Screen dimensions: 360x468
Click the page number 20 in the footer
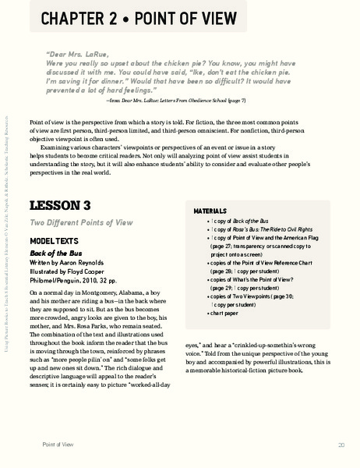(x=341, y=445)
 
